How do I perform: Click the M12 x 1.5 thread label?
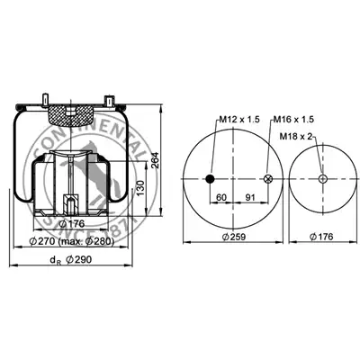239,120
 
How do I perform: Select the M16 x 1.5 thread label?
293,120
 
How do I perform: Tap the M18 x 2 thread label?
296,137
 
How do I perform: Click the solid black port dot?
210,179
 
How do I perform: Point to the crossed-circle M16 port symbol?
267,179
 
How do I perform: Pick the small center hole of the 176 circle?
323,179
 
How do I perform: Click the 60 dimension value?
221,197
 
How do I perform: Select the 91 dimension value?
250,197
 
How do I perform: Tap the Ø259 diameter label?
234,237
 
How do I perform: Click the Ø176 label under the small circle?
321,237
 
